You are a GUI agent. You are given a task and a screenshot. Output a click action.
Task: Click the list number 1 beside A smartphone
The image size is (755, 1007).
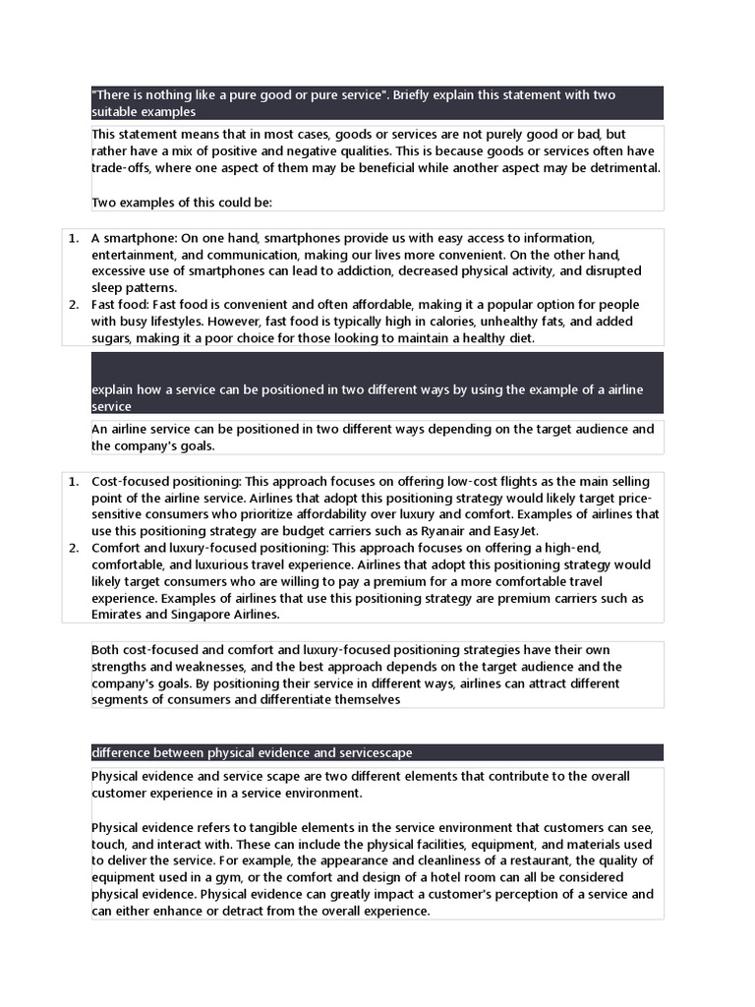(x=73, y=238)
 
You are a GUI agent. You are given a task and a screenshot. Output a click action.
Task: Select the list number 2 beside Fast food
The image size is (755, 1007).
(x=73, y=305)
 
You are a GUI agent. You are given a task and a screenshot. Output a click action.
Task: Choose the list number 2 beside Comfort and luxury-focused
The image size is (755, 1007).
(x=73, y=548)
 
